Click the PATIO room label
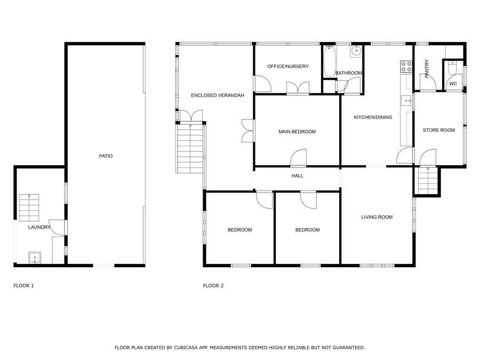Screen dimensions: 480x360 click(x=106, y=156)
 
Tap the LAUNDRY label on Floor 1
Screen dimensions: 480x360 click(x=39, y=227)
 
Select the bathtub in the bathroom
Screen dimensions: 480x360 click(x=330, y=61)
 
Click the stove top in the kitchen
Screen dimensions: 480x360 click(x=406, y=67)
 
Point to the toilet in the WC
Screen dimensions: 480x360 click(x=452, y=68)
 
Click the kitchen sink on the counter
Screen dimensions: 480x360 click(x=406, y=100)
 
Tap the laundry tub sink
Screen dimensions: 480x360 click(x=35, y=258)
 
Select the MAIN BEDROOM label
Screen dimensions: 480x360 click(x=297, y=132)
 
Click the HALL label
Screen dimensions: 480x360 click(x=297, y=175)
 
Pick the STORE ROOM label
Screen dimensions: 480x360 click(x=439, y=130)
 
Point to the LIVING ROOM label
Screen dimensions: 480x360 click(x=377, y=217)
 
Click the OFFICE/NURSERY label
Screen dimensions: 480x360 click(x=288, y=67)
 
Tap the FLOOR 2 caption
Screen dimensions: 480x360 click(x=213, y=286)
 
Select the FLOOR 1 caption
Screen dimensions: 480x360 click(x=23, y=286)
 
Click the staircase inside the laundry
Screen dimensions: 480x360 click(x=29, y=207)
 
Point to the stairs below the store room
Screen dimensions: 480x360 click(x=428, y=181)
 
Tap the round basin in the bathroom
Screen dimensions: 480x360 click(x=356, y=51)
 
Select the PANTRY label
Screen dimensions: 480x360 click(x=427, y=69)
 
